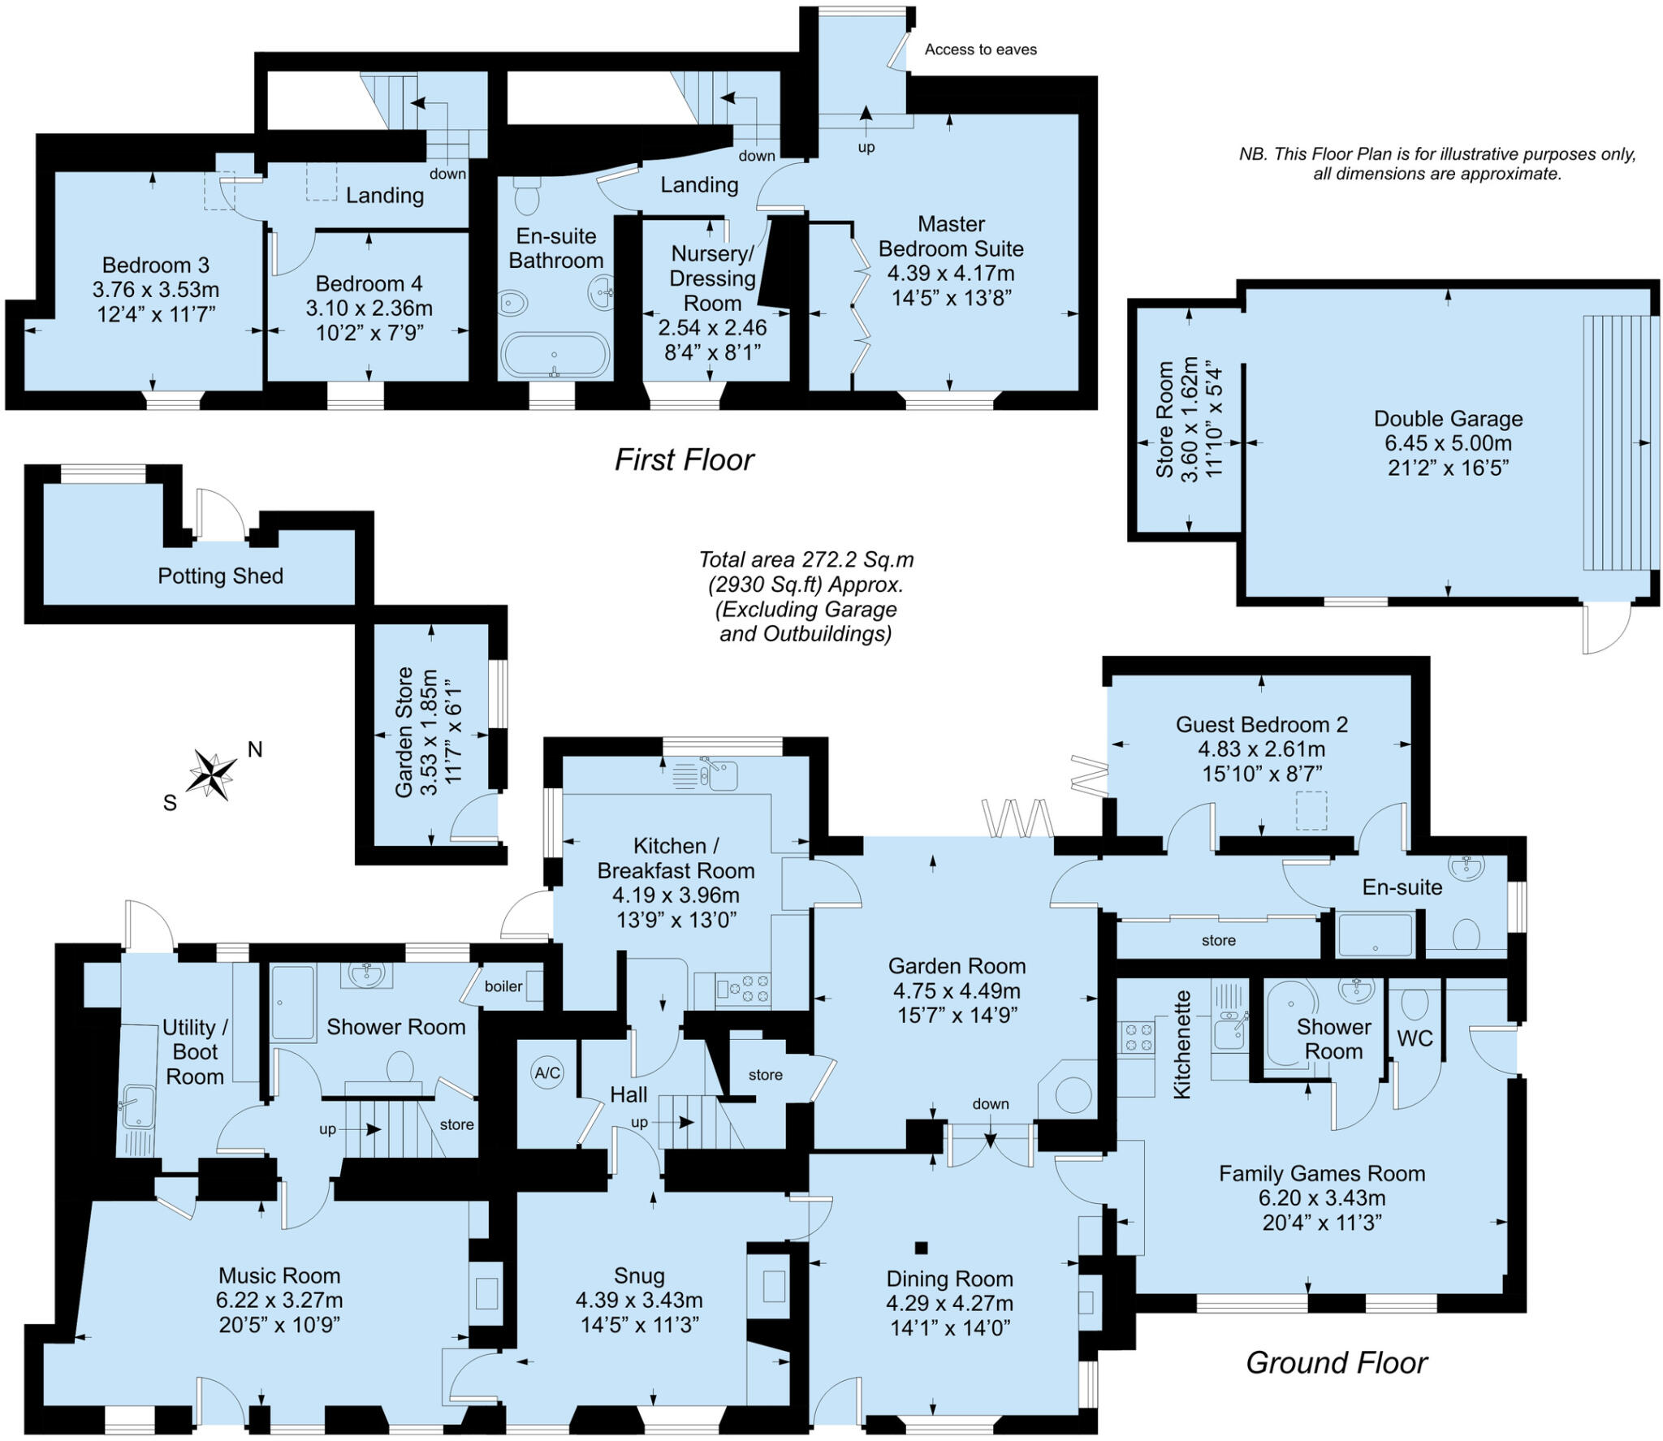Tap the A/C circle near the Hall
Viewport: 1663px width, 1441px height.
click(547, 1072)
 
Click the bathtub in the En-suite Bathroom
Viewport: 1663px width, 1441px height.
click(555, 356)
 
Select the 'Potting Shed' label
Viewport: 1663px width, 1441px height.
click(220, 576)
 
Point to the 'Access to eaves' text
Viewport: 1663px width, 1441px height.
click(980, 50)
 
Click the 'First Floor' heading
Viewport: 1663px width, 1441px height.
click(684, 459)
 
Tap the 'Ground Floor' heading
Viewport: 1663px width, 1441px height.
click(1336, 1362)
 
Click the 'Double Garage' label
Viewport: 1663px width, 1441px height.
click(1448, 419)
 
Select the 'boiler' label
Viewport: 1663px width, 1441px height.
click(503, 986)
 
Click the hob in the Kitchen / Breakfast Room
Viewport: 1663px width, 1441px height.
click(743, 989)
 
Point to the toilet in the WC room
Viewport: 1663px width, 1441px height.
click(1415, 1005)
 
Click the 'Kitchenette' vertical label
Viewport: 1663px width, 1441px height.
click(1182, 1044)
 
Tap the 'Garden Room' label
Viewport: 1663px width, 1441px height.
click(957, 965)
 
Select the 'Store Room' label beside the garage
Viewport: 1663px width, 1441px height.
click(1164, 419)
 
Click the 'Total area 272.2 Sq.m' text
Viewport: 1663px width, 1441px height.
click(806, 559)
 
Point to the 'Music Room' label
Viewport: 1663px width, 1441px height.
click(279, 1275)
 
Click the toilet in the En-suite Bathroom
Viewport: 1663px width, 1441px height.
click(527, 195)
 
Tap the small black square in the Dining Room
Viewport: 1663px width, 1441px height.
click(921, 1247)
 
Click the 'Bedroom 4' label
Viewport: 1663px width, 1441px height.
click(369, 283)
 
